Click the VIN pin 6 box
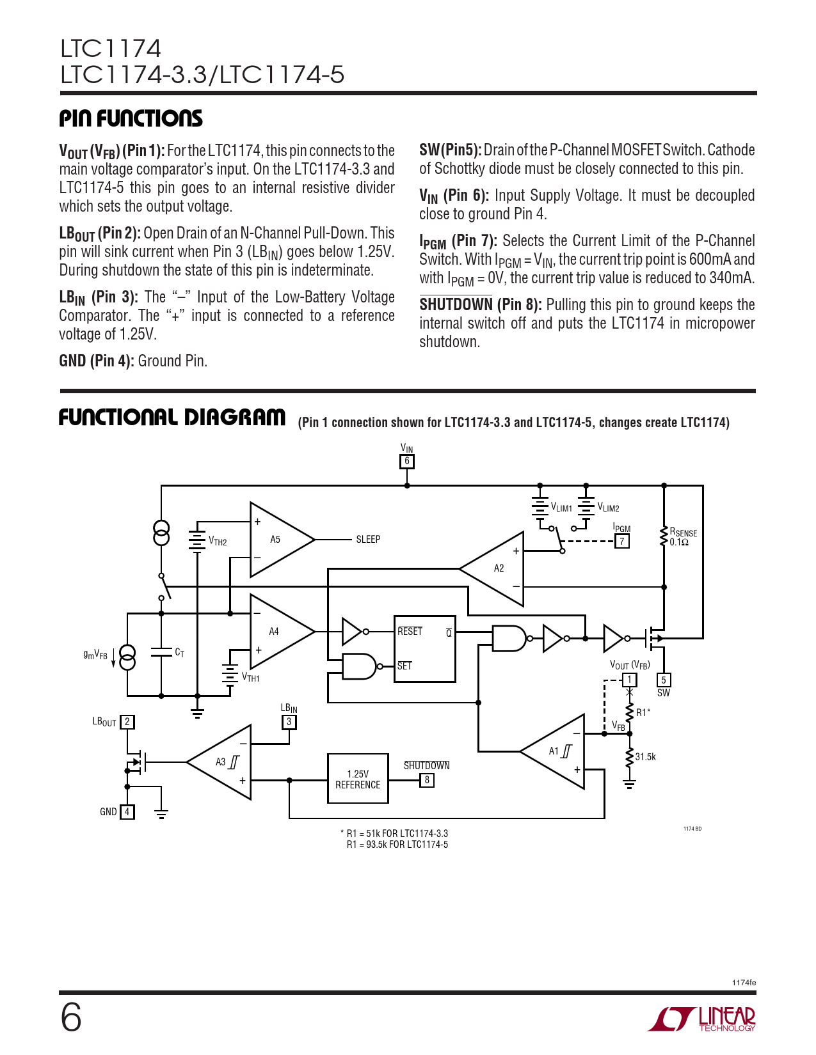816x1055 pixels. tap(406, 461)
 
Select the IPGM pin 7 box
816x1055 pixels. tap(621, 542)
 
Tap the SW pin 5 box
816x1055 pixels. tap(664, 680)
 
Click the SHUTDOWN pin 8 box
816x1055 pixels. tap(427, 780)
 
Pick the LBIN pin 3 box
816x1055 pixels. tap(289, 722)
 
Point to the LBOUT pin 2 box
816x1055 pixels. tap(127, 722)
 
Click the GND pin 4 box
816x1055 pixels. tap(127, 812)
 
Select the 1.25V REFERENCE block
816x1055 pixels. tap(358, 779)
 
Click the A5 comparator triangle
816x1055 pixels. tap(278, 540)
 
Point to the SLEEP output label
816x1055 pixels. tap(368, 540)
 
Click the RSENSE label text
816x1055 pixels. tap(683, 533)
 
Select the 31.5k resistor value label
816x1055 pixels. tap(645, 757)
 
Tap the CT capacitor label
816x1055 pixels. tap(180, 653)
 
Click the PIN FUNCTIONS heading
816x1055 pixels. tap(131, 118)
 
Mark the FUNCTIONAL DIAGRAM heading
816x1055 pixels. tap(172, 418)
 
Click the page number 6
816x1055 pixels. tap(71, 1017)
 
